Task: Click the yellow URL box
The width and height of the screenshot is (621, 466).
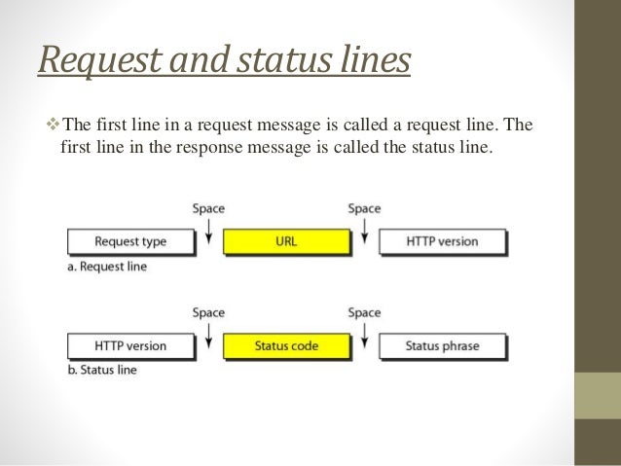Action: coord(286,241)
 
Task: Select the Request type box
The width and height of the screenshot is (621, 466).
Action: coord(131,241)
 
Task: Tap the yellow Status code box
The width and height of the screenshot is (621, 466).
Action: coord(286,345)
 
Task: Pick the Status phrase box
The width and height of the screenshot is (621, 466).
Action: coord(442,345)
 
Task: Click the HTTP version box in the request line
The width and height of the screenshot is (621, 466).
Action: coord(442,241)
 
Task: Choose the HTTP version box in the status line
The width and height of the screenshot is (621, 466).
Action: coord(131,345)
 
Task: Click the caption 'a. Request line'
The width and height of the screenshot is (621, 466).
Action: coord(107,267)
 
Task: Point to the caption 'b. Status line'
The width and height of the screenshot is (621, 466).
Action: coord(102,370)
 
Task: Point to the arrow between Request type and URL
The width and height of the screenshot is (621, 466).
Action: coord(208,230)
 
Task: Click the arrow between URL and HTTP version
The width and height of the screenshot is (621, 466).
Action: coord(364,230)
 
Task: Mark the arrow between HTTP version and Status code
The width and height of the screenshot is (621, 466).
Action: coord(208,334)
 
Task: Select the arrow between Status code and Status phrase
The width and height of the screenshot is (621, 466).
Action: coord(364,334)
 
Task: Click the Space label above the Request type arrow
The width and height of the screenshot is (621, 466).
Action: coord(208,208)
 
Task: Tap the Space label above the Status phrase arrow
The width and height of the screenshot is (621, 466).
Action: coord(364,312)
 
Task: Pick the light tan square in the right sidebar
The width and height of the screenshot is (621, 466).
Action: coord(598,396)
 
